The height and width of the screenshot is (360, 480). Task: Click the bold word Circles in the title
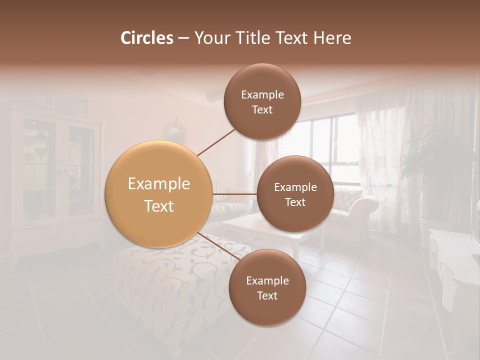[x=147, y=38]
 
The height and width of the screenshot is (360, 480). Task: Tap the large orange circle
[x=158, y=194]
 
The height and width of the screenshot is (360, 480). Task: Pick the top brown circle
[x=262, y=101]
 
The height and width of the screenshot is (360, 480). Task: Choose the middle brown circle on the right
[x=295, y=194]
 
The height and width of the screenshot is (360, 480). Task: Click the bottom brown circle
[x=267, y=287]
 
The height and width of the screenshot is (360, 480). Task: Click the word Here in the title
[x=333, y=38]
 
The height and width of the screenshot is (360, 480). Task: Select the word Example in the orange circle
[x=158, y=184]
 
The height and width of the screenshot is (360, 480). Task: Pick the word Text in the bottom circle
[x=267, y=295]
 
